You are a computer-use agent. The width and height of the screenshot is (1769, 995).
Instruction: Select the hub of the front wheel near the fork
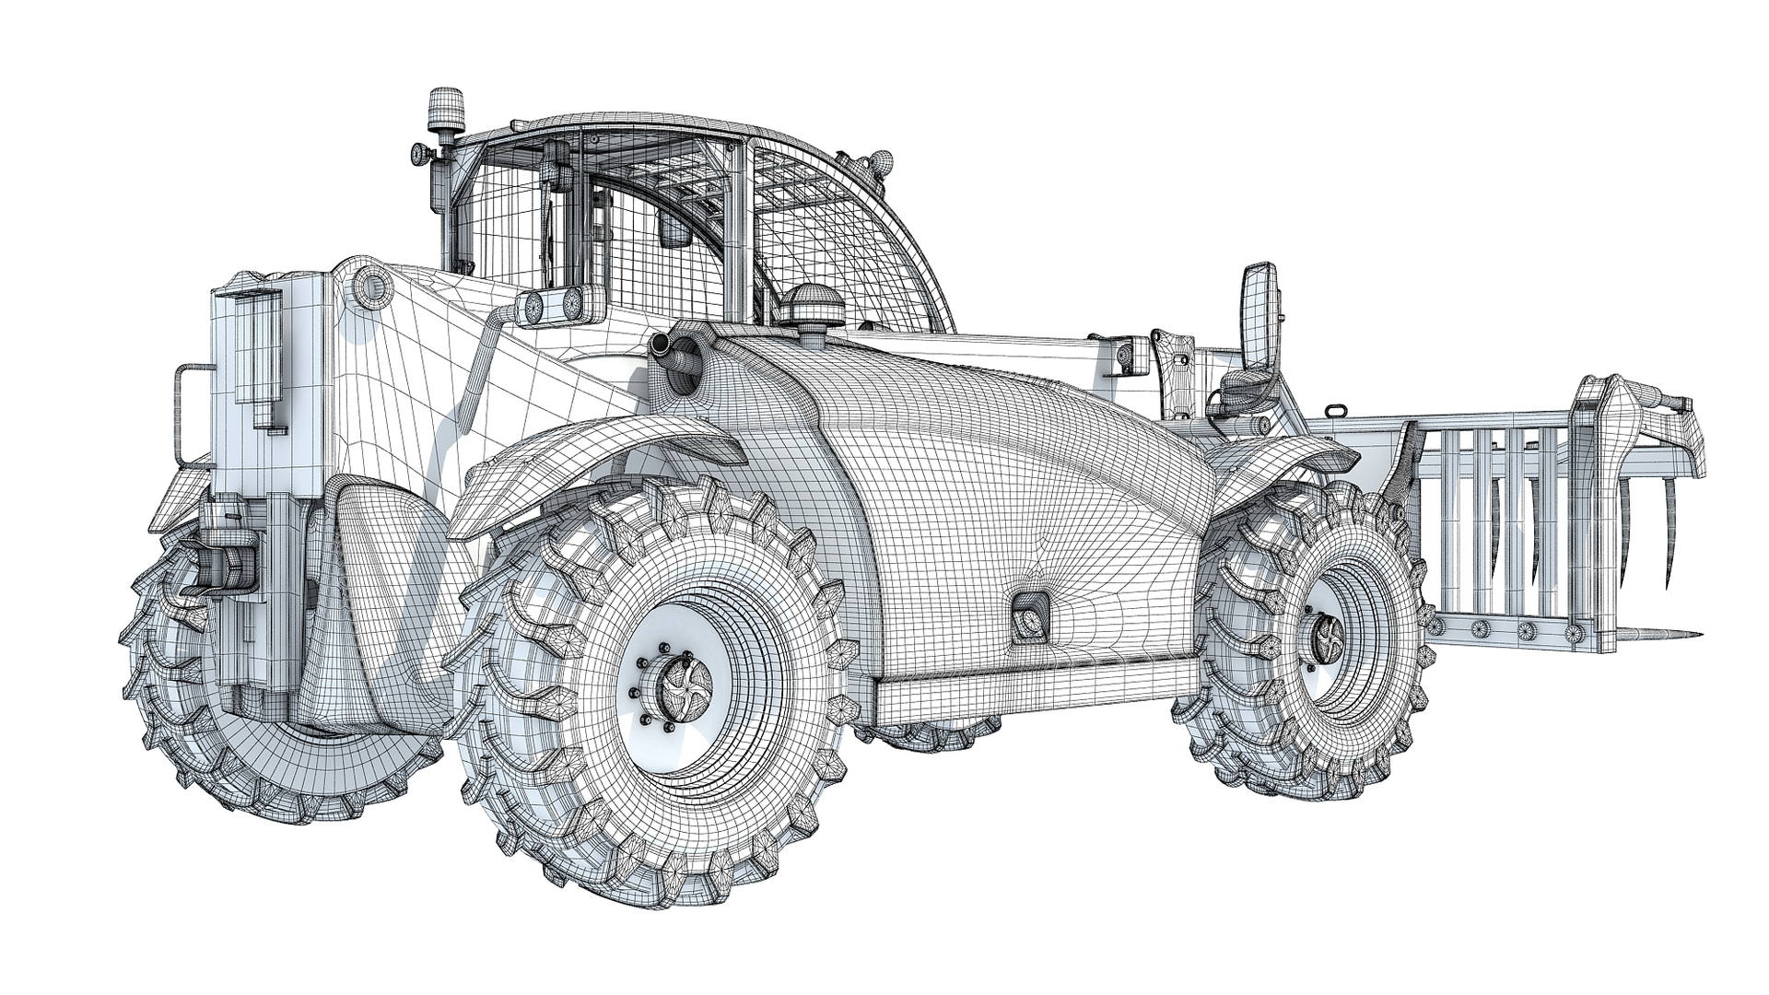pyautogui.click(x=1331, y=634)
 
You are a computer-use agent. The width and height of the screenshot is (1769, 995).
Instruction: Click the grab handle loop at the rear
pyautogui.click(x=184, y=415)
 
